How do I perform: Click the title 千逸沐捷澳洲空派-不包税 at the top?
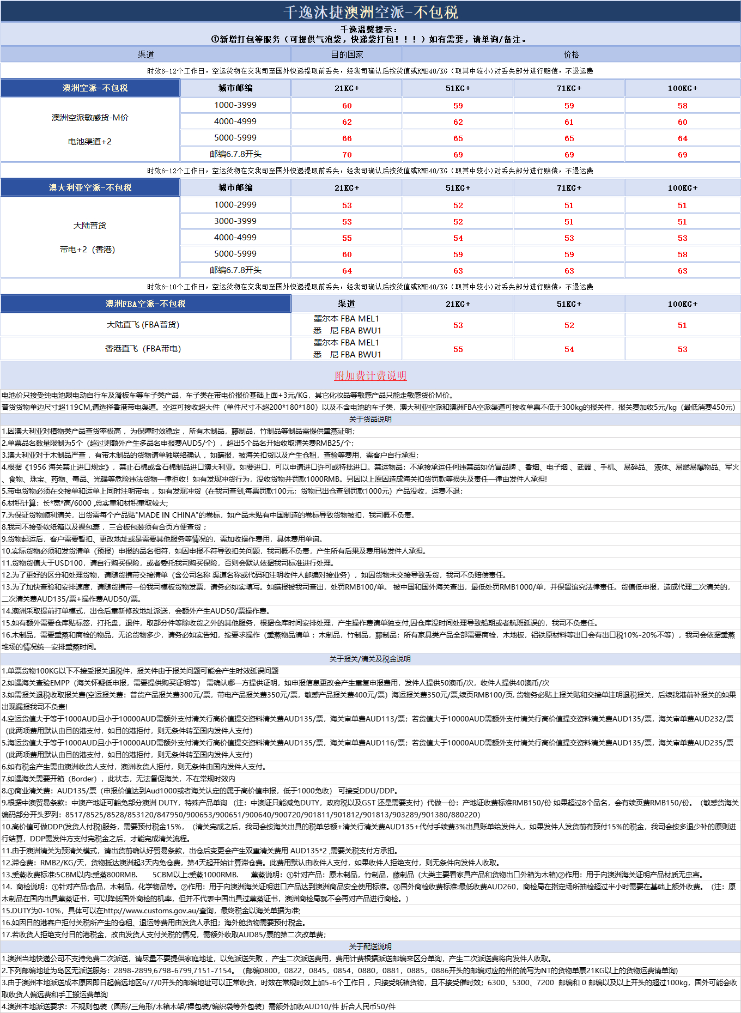(370, 12)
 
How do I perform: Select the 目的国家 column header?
(347, 54)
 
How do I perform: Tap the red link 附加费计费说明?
(370, 375)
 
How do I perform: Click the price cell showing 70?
(347, 155)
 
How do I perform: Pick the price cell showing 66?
(347, 138)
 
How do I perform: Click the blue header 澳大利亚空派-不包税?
(90, 187)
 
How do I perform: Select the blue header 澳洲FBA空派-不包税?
(145, 304)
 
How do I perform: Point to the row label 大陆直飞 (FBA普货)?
(143, 325)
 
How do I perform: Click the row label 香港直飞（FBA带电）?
(143, 349)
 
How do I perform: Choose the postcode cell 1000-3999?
(235, 105)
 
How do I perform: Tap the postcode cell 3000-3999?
(235, 221)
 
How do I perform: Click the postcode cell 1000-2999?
(235, 205)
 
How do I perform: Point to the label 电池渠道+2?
(90, 142)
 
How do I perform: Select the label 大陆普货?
(90, 226)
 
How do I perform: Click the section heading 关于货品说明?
(370, 419)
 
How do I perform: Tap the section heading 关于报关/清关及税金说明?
(370, 659)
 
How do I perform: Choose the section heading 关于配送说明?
(370, 947)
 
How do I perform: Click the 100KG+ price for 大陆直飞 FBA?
(682, 325)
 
